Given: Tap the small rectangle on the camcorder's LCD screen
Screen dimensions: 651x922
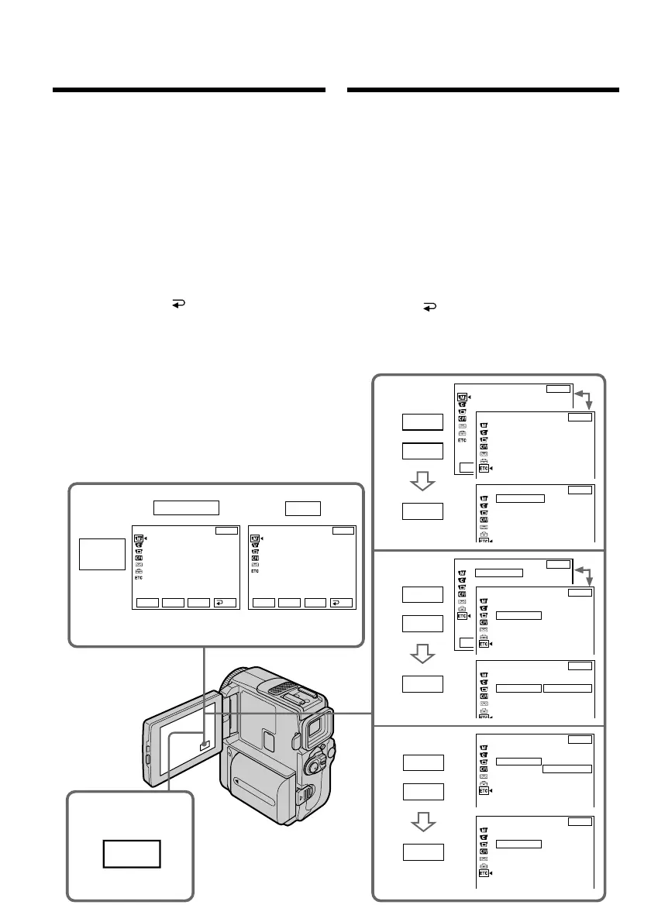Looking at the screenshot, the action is click(x=205, y=745).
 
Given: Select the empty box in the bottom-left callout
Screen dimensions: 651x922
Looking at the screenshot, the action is click(x=132, y=854).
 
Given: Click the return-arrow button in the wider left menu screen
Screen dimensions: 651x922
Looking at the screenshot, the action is click(x=225, y=601).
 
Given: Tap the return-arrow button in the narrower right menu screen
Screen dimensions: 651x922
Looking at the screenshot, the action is click(x=341, y=601).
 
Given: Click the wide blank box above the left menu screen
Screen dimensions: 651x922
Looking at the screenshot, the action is click(x=186, y=507).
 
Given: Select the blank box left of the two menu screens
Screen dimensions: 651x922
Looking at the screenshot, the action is click(x=102, y=555).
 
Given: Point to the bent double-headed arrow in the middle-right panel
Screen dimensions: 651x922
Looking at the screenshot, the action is click(x=584, y=576).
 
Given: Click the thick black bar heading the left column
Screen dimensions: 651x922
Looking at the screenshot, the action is click(x=189, y=91).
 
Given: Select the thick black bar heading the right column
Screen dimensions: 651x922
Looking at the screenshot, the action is click(x=484, y=91).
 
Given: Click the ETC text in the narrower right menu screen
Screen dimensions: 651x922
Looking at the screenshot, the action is click(x=255, y=577).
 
